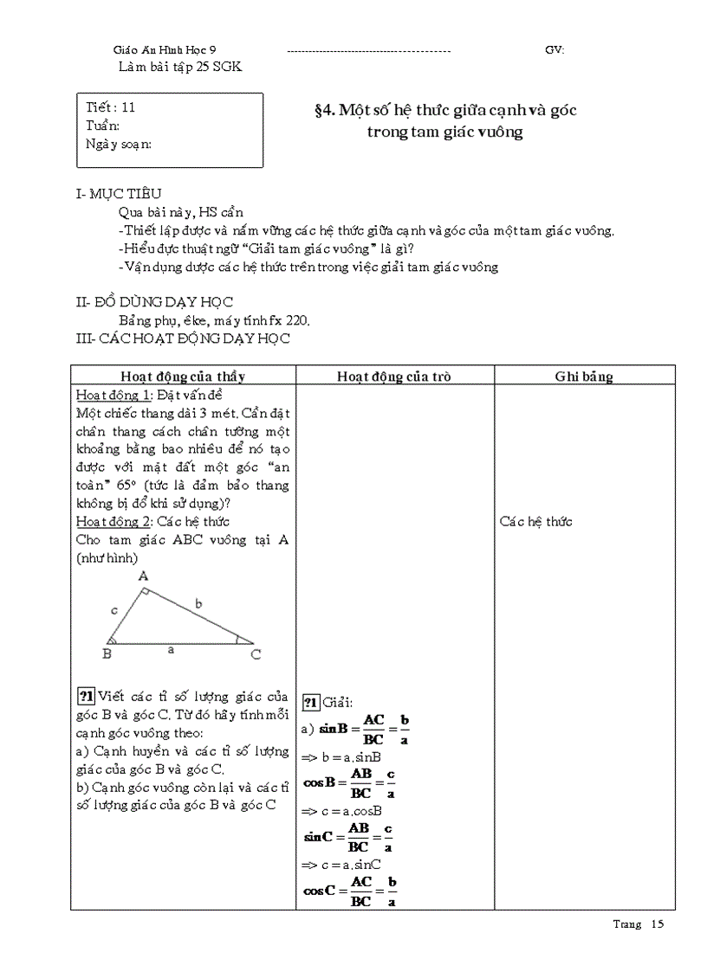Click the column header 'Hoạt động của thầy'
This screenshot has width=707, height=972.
pyautogui.click(x=183, y=377)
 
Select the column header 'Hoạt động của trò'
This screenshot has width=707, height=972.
pyautogui.click(x=394, y=377)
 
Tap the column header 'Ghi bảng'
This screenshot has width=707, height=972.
pyautogui.click(x=584, y=377)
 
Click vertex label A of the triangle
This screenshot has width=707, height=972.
pyautogui.click(x=143, y=576)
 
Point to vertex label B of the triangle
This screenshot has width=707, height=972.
pyautogui.click(x=107, y=654)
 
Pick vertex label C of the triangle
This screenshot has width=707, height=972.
pyautogui.click(x=256, y=655)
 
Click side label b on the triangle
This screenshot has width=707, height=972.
pyautogui.click(x=198, y=604)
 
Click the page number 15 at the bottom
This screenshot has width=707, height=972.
pyautogui.click(x=656, y=924)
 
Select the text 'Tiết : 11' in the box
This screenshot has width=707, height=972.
pyautogui.click(x=111, y=108)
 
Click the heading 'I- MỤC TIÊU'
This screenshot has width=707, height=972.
pyautogui.click(x=119, y=195)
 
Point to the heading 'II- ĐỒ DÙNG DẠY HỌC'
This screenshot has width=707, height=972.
pyautogui.click(x=155, y=302)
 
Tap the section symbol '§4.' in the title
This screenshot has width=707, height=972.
pyautogui.click(x=324, y=110)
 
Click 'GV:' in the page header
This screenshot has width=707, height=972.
pyautogui.click(x=555, y=50)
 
